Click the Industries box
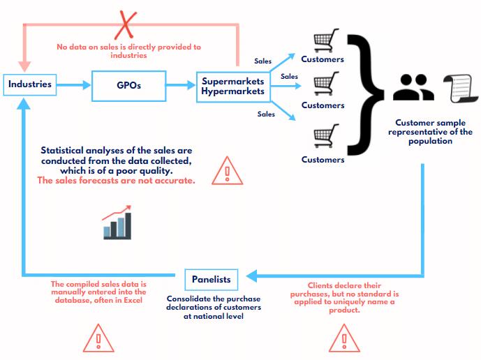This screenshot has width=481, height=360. pyautogui.click(x=30, y=84)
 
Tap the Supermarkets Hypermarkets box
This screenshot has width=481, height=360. pyautogui.click(x=233, y=86)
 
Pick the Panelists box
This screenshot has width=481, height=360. pyautogui.click(x=212, y=280)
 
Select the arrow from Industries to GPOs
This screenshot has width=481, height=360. pyautogui.click(x=74, y=85)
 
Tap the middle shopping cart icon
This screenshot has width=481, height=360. pyautogui.click(x=323, y=85)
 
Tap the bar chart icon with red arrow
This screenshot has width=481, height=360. pyautogui.click(x=116, y=223)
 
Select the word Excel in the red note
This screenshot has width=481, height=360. pyautogui.click(x=131, y=301)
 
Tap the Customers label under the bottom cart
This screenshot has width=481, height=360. pyautogui.click(x=323, y=160)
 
